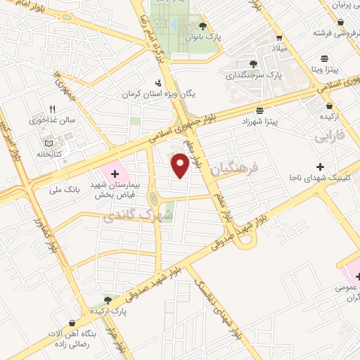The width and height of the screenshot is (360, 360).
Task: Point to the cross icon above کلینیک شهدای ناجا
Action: click(320, 167)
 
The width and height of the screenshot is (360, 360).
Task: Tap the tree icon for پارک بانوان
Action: click(203, 26)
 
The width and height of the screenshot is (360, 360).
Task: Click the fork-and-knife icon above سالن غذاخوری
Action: click(51, 108)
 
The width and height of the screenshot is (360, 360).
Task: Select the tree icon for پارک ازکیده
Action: click(108, 300)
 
